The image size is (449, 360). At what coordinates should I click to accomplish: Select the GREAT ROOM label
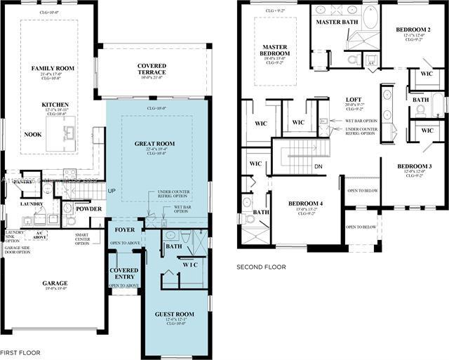pyautogui.click(x=154, y=144)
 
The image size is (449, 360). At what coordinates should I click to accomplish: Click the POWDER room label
pyautogui.click(x=89, y=208)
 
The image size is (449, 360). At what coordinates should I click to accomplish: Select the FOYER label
pyautogui.click(x=124, y=229)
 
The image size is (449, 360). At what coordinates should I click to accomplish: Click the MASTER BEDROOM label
pyautogui.click(x=274, y=51)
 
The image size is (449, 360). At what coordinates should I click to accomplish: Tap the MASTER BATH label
pyautogui.click(x=337, y=22)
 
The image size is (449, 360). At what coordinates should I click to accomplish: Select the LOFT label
pyautogui.click(x=353, y=100)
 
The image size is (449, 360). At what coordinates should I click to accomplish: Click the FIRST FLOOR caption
pyautogui.click(x=20, y=352)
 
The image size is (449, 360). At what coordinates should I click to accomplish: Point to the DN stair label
pyautogui.click(x=318, y=166)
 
